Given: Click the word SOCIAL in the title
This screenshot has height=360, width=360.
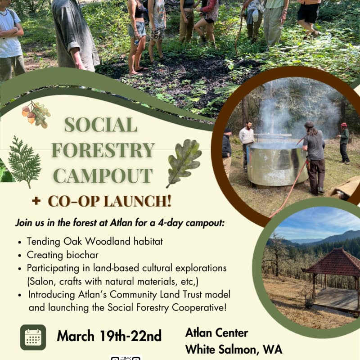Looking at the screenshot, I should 100,125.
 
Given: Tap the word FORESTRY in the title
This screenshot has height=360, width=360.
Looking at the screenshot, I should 103,150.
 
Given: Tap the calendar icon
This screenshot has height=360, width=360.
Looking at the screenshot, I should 33,337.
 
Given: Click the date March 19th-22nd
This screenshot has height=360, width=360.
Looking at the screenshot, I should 109,336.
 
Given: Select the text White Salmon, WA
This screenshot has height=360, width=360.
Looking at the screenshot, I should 234,349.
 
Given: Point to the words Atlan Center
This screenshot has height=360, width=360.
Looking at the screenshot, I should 216,333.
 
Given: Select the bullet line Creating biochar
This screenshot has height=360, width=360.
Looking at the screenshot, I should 63,255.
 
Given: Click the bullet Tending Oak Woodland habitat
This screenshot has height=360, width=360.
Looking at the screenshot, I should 94,241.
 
